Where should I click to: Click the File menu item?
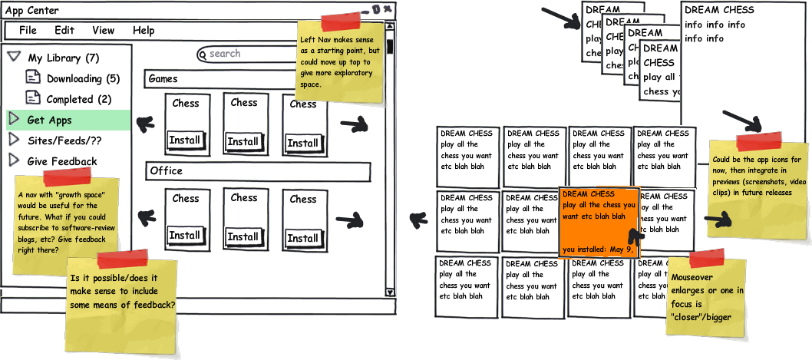click(x=28, y=31)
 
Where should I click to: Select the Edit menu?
click(x=64, y=31)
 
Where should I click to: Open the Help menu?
click(x=144, y=31)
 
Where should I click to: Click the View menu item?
click(x=104, y=31)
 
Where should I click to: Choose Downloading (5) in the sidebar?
click(x=83, y=78)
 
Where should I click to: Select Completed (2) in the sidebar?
click(x=78, y=99)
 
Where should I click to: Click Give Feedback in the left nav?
click(x=61, y=161)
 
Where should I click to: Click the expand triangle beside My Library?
click(x=13, y=58)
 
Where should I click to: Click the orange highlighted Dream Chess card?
click(x=599, y=221)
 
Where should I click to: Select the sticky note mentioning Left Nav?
click(x=340, y=63)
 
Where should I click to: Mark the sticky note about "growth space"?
click(x=66, y=223)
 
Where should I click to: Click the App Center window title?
click(x=32, y=11)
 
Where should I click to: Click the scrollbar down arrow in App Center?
click(x=389, y=292)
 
